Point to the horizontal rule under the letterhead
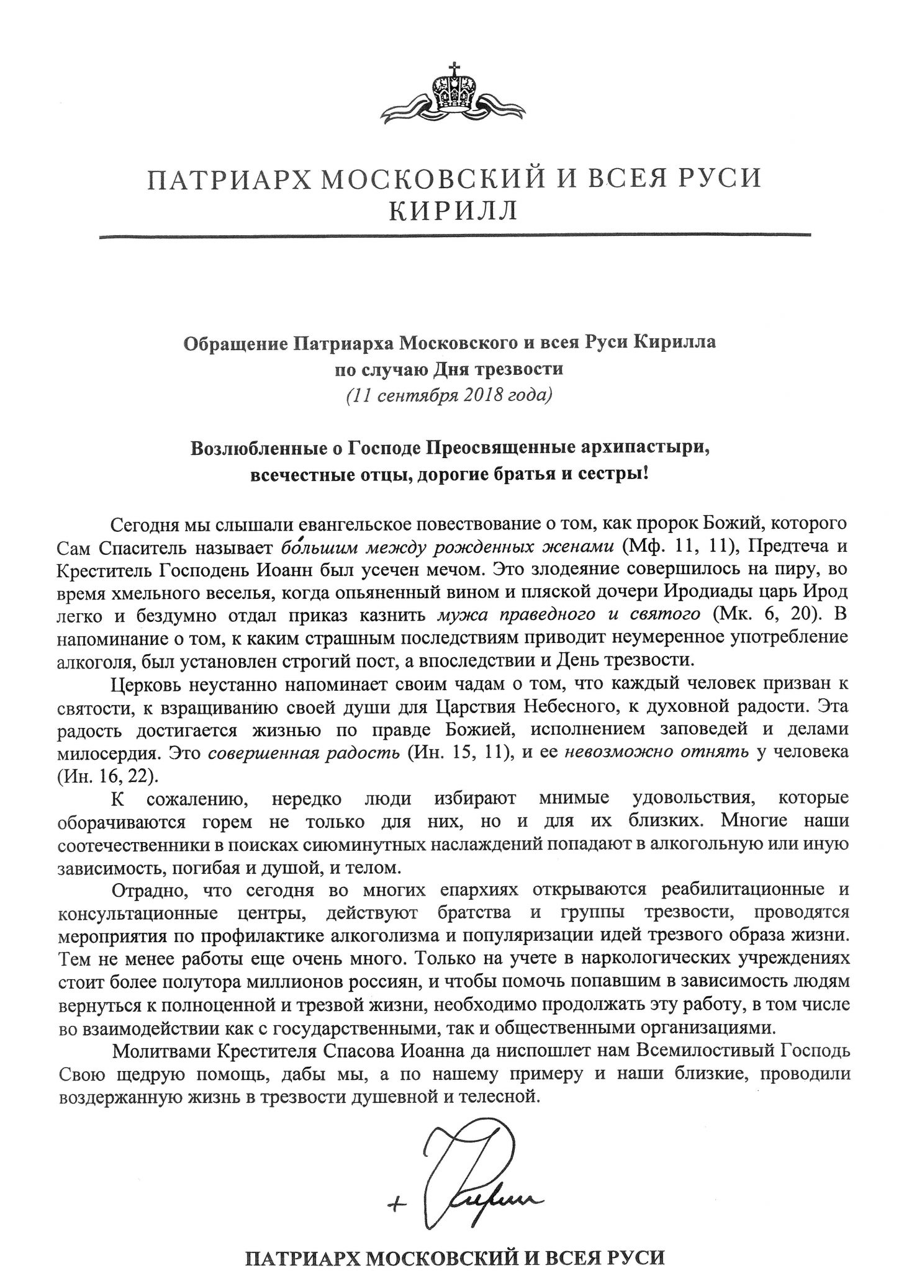click(x=455, y=235)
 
